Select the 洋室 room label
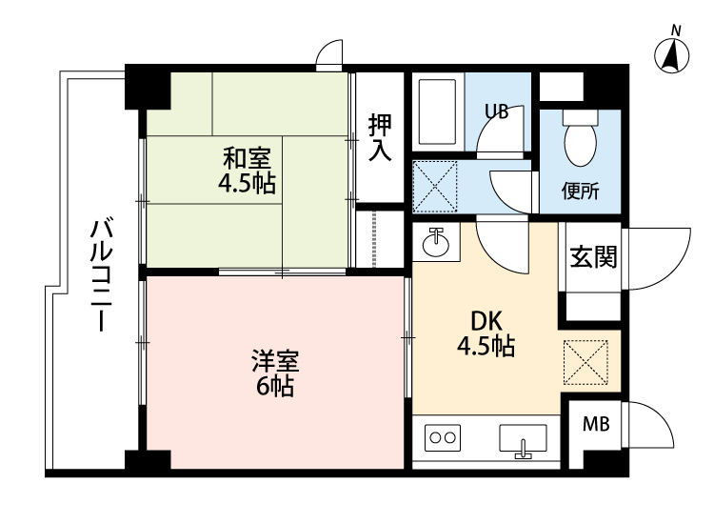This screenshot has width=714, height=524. point(276,361)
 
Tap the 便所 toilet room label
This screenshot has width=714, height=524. point(580,191)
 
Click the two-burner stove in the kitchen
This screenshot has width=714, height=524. point(442,438)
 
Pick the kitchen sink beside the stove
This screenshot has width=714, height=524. point(523,439)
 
